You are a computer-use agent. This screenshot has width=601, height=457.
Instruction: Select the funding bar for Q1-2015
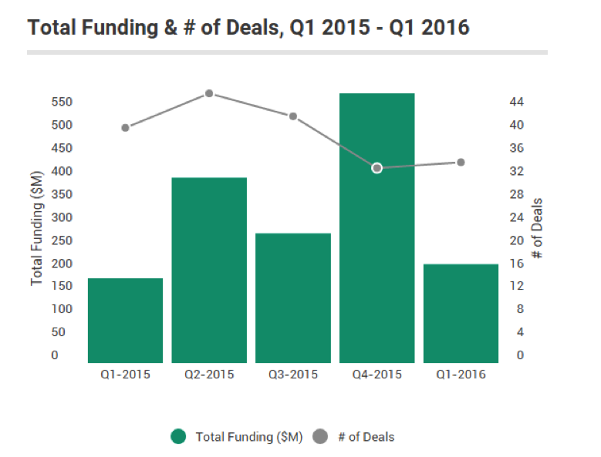[125, 320]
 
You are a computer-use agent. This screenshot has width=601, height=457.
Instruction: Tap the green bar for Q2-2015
[209, 270]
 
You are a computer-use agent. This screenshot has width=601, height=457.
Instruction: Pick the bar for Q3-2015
[293, 297]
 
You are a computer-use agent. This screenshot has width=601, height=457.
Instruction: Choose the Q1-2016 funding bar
[461, 313]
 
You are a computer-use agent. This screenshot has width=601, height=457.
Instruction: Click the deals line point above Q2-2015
[209, 93]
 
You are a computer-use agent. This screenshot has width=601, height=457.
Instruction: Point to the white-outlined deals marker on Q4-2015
[377, 168]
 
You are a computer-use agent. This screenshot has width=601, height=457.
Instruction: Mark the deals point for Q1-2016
[461, 162]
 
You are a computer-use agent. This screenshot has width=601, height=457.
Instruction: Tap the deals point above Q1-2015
[125, 127]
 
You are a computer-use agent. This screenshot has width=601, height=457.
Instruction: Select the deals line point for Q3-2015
[293, 116]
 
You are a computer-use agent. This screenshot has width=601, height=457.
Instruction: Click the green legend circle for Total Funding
[179, 437]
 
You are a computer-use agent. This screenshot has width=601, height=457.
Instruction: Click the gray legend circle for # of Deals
[319, 437]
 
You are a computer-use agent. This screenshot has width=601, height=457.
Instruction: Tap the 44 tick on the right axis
[517, 102]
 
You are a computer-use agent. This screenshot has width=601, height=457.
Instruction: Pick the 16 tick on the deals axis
[517, 264]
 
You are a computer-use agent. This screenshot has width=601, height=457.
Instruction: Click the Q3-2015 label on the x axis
[293, 375]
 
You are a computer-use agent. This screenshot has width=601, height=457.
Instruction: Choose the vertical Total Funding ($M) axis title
[37, 228]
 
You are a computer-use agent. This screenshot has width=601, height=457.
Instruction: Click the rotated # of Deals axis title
[539, 228]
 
